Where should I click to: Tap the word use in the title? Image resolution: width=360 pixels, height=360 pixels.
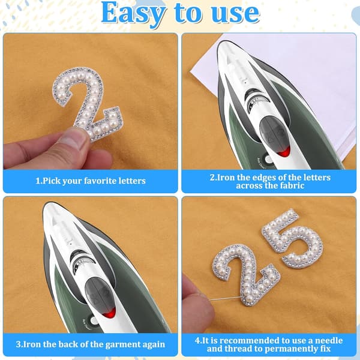[235, 13]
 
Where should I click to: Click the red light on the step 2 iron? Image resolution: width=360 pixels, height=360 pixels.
[284, 151]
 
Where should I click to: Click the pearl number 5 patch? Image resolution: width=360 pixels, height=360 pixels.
[293, 238]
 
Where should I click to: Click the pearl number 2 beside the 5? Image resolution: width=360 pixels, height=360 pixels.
[246, 275]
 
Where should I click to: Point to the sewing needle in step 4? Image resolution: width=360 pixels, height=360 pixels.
[225, 299]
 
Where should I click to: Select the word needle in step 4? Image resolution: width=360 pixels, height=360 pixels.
[329, 340]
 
